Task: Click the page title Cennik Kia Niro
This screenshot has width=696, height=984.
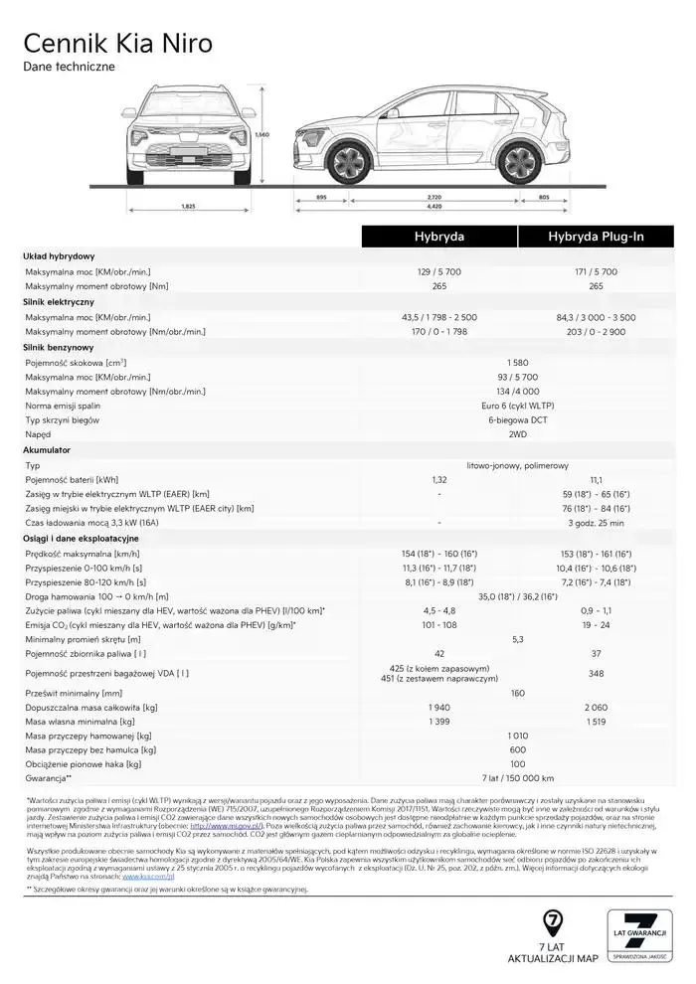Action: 117,44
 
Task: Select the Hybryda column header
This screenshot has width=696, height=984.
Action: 438,237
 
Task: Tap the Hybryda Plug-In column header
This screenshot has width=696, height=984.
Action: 596,237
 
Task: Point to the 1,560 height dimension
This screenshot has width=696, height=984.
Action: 262,134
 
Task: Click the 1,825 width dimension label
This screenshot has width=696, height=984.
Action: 187,206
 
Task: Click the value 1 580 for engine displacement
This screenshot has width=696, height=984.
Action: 517,363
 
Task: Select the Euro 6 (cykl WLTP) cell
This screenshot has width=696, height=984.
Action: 517,406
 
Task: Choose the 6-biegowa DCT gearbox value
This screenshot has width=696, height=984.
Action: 517,420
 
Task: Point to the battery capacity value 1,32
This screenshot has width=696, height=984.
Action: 438,479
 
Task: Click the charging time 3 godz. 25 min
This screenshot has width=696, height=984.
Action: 596,523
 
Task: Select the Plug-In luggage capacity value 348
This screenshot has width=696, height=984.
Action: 596,673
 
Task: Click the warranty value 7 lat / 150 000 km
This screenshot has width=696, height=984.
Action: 517,778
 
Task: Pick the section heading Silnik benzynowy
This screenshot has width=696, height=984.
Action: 59,347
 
